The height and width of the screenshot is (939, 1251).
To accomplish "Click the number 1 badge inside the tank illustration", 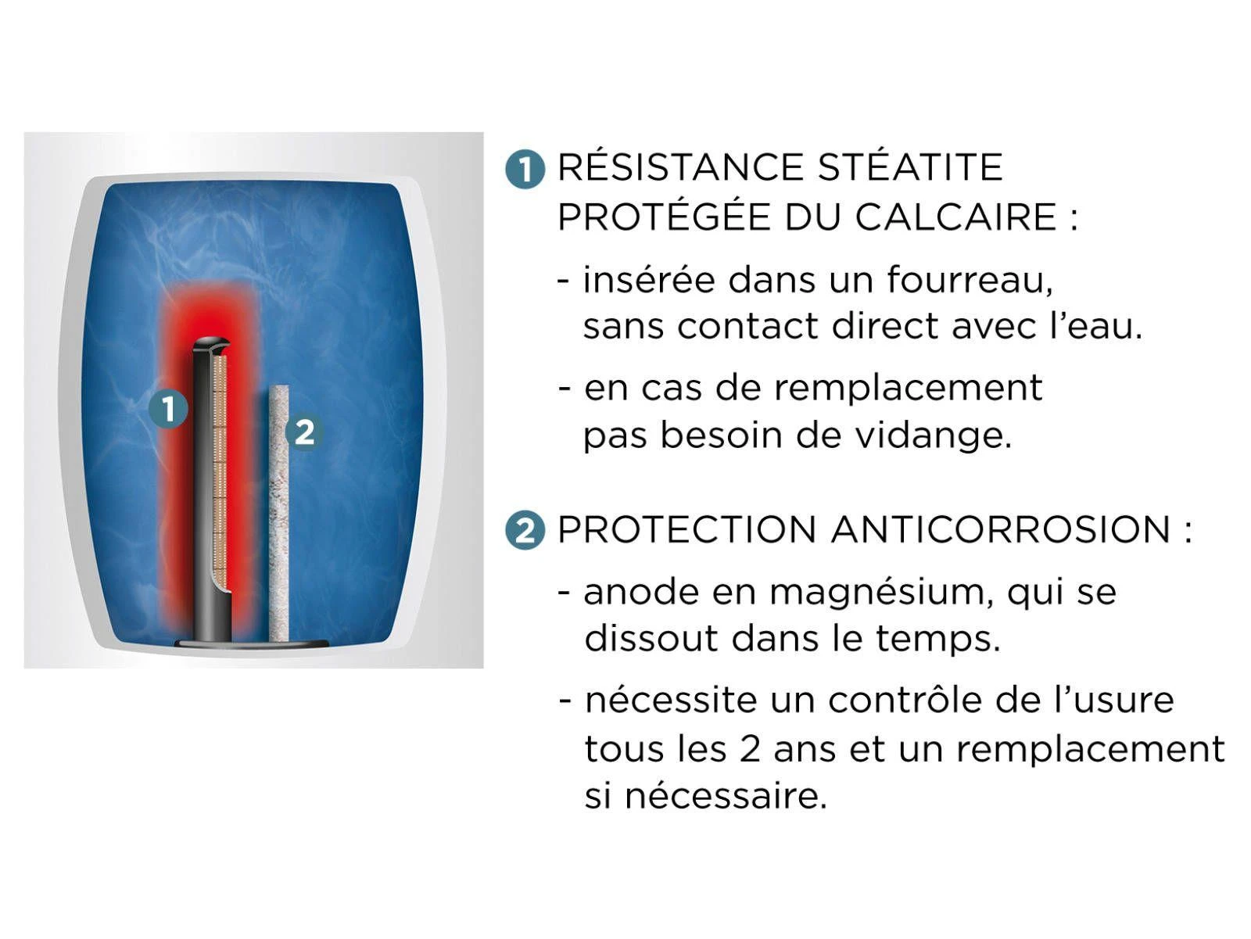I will coord(169,408).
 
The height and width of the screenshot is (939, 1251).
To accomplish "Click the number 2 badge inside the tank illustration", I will coord(303,432).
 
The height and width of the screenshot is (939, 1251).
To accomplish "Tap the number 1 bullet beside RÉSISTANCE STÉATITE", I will coord(525,170).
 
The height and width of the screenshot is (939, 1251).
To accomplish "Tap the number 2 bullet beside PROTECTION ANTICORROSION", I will coord(525,532).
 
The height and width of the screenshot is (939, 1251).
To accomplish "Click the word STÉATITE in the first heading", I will coord(910,167).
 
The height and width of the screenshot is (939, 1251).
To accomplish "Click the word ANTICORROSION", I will coord(1001,530).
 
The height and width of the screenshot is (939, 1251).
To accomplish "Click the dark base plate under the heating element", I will coord(250,643).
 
